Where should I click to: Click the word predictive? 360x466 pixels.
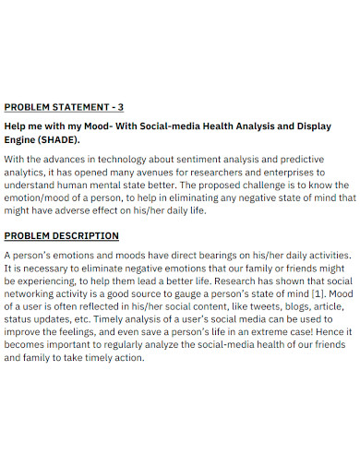pos(300,160)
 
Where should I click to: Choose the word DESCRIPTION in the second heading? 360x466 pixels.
pos(87,236)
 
